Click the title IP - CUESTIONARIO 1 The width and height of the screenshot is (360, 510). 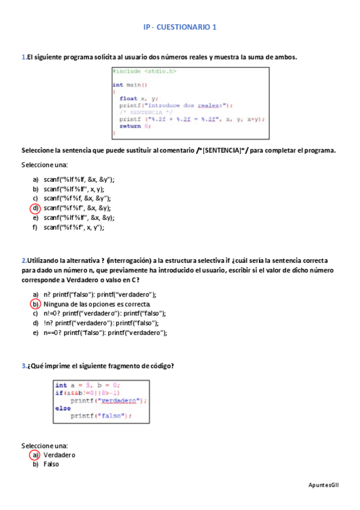click(180, 28)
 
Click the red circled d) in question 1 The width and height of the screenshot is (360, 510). click(35, 208)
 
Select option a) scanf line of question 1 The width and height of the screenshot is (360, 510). click(79, 179)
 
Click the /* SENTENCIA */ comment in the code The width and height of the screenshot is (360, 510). click(145, 112)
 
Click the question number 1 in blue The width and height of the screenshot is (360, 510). click(23, 57)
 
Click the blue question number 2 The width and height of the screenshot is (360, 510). click(23, 260)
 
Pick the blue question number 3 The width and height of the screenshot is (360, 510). click(23, 366)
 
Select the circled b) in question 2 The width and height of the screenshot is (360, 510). click(35, 304)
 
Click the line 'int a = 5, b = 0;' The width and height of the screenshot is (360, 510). click(87, 385)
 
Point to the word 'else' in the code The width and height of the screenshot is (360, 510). click(63, 408)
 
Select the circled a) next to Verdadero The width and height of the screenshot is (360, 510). click(35, 455)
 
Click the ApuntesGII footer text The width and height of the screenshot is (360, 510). click(323, 484)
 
